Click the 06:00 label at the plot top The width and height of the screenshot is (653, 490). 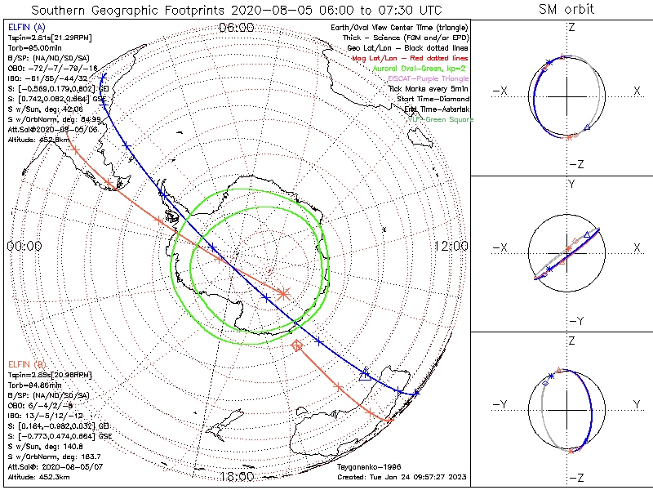(236, 28)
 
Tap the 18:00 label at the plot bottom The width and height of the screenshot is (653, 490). (237, 476)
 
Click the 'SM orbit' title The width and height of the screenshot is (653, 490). (566, 10)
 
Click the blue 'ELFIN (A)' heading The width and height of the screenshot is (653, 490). (26, 28)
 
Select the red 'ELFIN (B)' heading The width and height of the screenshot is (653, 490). (26, 364)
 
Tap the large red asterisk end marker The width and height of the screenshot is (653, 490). (283, 292)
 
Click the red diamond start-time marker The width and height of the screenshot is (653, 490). (297, 346)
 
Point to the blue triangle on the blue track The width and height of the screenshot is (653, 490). (364, 374)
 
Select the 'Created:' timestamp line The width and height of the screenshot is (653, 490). (402, 477)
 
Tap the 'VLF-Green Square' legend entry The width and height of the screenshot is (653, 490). (442, 119)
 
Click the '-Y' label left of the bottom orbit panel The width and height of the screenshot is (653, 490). (503, 404)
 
